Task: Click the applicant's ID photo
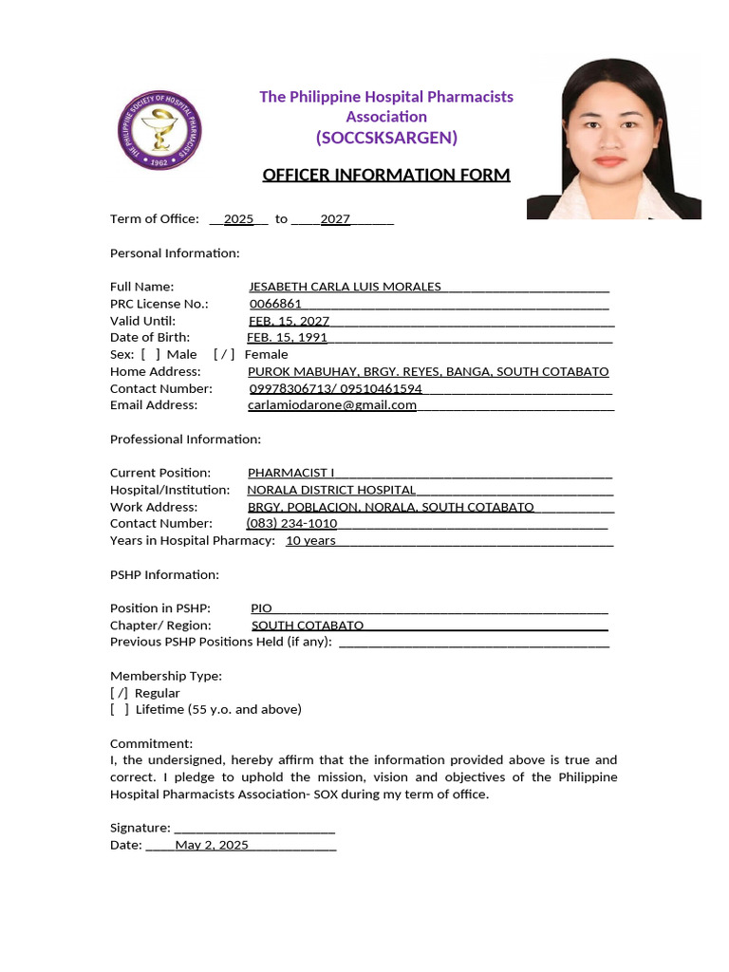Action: (x=614, y=139)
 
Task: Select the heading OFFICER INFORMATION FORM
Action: (x=385, y=175)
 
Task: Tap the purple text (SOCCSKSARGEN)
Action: (x=386, y=139)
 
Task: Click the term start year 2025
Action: (x=238, y=219)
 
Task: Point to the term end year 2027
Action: (x=335, y=219)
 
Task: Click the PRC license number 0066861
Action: (x=275, y=304)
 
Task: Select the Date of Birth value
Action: (x=287, y=338)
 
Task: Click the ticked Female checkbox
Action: (x=224, y=354)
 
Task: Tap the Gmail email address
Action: (x=332, y=405)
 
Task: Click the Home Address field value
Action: (x=428, y=371)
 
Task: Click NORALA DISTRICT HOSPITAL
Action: (x=331, y=490)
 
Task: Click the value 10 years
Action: (x=310, y=541)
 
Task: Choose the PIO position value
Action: (x=261, y=608)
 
